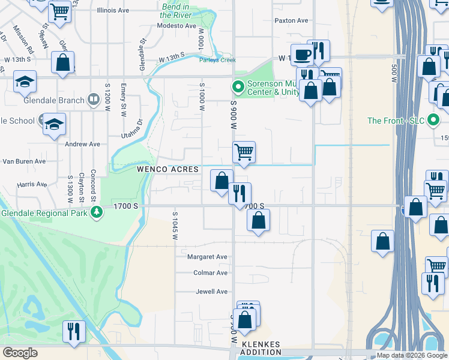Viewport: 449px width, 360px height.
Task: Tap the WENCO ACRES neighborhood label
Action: click(168, 170)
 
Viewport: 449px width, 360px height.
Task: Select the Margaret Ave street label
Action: click(208, 257)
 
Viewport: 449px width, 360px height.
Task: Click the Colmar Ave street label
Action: click(210, 272)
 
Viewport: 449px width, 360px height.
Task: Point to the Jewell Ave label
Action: click(212, 292)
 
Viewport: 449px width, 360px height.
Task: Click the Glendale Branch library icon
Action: click(94, 100)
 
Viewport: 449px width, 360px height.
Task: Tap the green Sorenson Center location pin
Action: click(238, 88)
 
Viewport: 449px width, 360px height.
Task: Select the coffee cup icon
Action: click(302, 55)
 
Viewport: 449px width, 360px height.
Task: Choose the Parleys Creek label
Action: click(218, 60)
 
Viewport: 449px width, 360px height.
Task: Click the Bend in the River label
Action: click(175, 10)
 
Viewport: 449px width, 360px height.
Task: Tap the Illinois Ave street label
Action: click(114, 10)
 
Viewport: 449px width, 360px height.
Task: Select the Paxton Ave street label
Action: click(291, 20)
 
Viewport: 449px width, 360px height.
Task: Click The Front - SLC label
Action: click(396, 121)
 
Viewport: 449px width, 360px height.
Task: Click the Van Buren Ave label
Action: click(25, 161)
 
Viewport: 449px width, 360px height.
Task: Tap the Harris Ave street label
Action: click(32, 184)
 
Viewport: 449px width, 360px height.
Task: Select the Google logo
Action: click(20, 353)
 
